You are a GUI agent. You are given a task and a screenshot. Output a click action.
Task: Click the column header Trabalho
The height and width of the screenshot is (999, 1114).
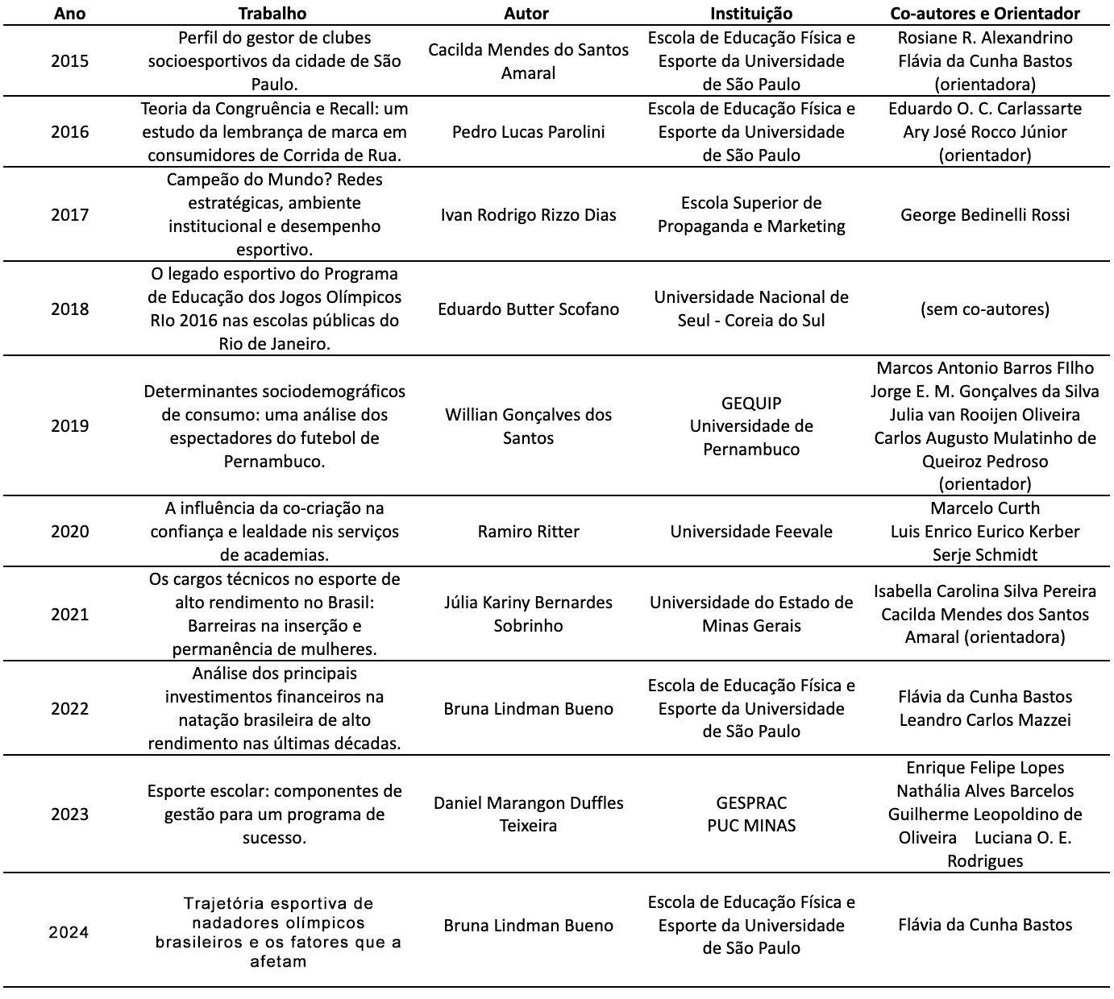[x=272, y=14]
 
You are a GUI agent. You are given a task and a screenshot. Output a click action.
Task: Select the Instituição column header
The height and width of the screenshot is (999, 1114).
[x=751, y=14]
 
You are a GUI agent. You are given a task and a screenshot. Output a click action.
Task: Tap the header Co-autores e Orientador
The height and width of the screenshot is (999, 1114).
[x=984, y=14]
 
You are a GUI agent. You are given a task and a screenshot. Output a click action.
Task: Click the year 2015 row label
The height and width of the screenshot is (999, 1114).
[x=70, y=61]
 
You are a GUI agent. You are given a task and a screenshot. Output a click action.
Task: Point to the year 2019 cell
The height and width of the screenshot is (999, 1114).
[x=70, y=426]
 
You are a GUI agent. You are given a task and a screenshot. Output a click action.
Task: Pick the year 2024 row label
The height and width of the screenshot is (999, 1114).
[x=69, y=933]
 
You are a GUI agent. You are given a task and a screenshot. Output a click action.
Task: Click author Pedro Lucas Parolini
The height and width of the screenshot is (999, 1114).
[x=528, y=132]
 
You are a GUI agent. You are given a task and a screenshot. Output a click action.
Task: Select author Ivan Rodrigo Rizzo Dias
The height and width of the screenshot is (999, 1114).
[x=528, y=215]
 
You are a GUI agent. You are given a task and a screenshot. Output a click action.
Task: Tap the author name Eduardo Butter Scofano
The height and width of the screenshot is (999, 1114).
[x=528, y=309]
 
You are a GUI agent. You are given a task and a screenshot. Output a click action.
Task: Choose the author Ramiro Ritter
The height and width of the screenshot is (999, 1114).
[x=528, y=532]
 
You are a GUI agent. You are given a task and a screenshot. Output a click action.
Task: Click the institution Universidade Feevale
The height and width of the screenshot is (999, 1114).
[x=751, y=532]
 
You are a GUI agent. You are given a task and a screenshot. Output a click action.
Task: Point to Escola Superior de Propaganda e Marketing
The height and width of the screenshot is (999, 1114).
[x=751, y=215]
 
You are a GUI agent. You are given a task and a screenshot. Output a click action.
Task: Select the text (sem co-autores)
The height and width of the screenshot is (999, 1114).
[x=985, y=309]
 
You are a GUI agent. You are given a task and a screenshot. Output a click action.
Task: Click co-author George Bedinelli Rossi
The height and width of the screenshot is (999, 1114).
[x=985, y=215]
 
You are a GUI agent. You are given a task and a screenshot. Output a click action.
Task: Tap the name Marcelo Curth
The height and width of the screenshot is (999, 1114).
[x=985, y=508]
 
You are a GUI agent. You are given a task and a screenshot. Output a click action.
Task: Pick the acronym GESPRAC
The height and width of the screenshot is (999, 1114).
[x=751, y=802]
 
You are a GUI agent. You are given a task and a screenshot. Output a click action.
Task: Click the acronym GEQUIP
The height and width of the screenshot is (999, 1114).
[x=751, y=403]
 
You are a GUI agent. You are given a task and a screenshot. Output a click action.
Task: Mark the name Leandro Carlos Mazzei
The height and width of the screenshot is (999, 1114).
[x=985, y=720]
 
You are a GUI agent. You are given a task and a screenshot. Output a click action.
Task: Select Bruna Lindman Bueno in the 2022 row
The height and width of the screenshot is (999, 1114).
[x=528, y=709]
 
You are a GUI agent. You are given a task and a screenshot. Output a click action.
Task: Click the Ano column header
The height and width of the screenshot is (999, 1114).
[x=70, y=14]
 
